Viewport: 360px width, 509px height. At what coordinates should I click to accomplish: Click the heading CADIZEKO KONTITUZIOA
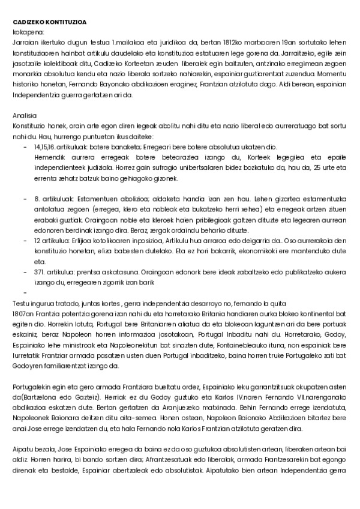point(49,22)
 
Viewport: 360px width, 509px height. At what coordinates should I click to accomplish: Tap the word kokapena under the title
point(28,32)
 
